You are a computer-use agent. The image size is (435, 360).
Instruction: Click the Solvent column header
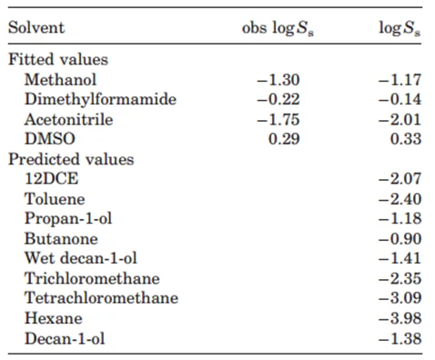[x=36, y=27]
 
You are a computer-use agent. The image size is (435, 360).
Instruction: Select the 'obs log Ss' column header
[x=278, y=29]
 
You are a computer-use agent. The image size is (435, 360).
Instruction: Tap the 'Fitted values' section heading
[x=58, y=59]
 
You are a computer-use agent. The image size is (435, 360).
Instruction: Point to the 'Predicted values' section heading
[x=71, y=159]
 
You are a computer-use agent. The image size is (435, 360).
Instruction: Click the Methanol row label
[x=60, y=79]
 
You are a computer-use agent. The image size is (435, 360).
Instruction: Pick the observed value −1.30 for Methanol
[x=278, y=80]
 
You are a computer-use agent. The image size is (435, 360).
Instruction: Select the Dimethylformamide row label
[x=100, y=99]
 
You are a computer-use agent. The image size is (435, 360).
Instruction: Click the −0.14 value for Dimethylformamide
[x=400, y=99]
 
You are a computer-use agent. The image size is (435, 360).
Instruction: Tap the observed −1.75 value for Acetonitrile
[x=278, y=119]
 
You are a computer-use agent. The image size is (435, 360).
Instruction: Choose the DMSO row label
[x=50, y=139]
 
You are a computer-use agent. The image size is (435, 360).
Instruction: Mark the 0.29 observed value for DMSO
[x=284, y=139]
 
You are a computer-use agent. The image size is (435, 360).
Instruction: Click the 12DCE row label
[x=52, y=178]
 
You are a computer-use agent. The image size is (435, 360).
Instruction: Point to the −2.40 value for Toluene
[x=400, y=199]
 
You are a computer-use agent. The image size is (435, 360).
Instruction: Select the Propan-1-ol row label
[x=68, y=219]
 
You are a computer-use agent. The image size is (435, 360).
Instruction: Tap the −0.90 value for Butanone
[x=400, y=239]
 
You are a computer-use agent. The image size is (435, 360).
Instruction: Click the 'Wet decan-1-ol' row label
[x=81, y=258]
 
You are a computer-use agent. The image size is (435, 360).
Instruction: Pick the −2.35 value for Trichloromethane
[x=400, y=278]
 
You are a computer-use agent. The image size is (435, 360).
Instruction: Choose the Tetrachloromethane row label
[x=101, y=298]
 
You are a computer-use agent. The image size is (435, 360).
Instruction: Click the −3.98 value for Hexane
[x=400, y=318]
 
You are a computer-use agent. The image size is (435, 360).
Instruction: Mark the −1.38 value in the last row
[x=400, y=338]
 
